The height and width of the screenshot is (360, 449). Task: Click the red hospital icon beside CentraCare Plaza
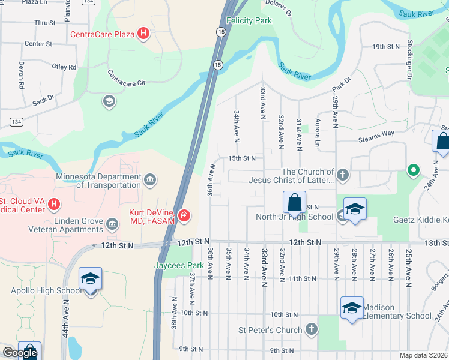click(143, 34)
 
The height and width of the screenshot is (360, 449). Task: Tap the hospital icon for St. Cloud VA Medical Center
click(53, 205)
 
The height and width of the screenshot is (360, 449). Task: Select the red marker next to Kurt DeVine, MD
click(184, 215)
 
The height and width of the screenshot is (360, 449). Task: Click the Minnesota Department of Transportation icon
click(150, 178)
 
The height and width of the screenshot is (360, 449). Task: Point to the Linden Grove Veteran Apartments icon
click(112, 224)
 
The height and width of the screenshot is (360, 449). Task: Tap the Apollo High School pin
click(90, 280)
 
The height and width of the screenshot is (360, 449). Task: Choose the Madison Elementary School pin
click(352, 309)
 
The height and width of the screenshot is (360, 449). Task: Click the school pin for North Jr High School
click(355, 209)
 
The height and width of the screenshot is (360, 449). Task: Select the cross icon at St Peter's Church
click(311, 329)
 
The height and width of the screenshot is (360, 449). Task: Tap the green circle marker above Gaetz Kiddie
click(412, 170)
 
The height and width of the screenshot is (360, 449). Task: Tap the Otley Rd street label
click(65, 67)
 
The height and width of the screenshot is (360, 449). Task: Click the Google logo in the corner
click(20, 353)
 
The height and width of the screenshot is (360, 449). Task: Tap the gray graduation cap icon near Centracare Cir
click(109, 100)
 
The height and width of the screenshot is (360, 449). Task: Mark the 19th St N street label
click(385, 47)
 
